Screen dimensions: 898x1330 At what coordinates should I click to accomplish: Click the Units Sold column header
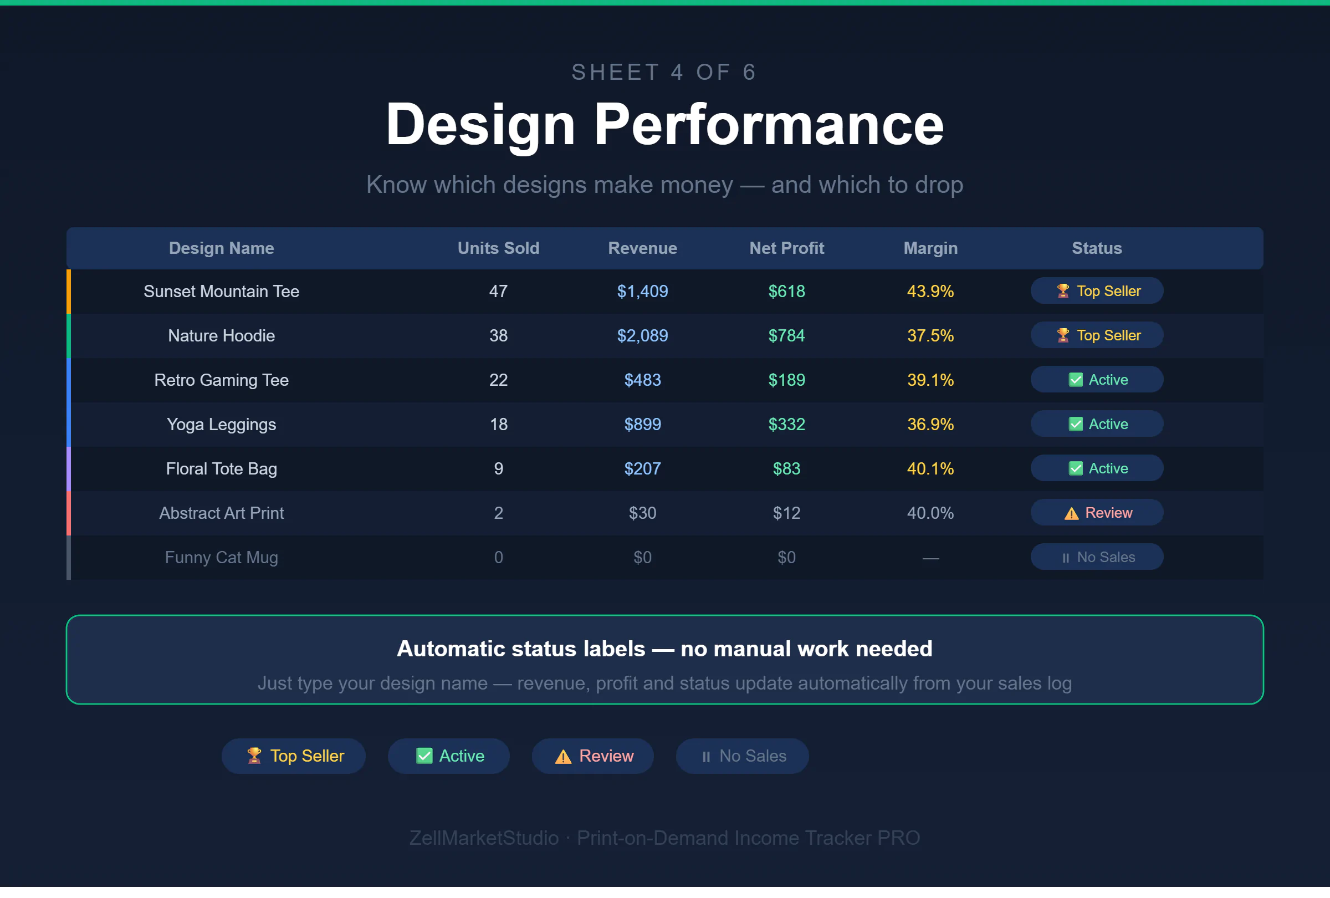(x=498, y=248)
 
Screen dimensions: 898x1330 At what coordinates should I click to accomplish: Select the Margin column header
(x=930, y=248)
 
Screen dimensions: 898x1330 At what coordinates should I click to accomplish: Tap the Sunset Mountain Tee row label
(x=222, y=292)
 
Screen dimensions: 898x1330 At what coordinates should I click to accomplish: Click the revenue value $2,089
(x=642, y=335)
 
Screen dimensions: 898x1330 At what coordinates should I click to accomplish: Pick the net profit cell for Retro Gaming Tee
(x=786, y=380)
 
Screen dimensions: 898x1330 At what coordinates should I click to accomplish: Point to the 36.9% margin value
(x=930, y=424)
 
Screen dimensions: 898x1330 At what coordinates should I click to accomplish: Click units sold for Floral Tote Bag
(x=498, y=469)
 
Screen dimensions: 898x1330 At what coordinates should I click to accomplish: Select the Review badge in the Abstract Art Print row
(x=1097, y=513)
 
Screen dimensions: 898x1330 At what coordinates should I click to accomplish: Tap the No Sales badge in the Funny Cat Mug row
(x=1097, y=557)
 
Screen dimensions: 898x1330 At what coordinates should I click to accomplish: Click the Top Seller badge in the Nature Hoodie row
(x=1097, y=335)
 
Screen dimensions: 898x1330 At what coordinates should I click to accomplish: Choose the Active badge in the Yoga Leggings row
(x=1097, y=424)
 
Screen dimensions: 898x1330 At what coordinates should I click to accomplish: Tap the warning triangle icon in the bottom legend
(x=563, y=757)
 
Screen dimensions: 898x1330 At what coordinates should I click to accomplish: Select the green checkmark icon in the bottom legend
(x=424, y=756)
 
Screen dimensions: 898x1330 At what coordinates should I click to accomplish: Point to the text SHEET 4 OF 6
(x=664, y=72)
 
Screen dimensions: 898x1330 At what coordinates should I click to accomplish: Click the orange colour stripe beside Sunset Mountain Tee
(x=69, y=292)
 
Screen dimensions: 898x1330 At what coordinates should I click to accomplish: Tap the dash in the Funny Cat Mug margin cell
(x=930, y=558)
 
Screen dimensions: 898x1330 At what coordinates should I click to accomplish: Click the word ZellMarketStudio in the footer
(x=484, y=838)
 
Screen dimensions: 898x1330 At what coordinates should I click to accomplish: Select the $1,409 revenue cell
(x=642, y=292)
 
